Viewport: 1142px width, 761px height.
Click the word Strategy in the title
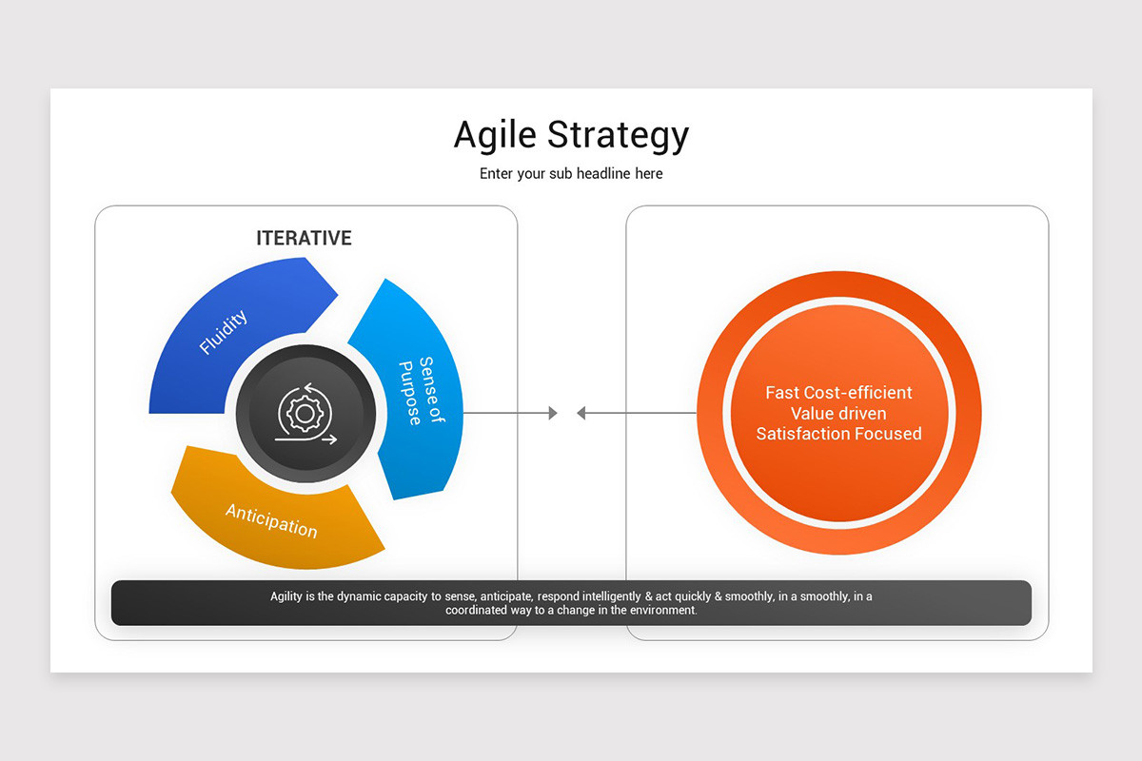[619, 135]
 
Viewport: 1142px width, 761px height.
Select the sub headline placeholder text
[571, 174]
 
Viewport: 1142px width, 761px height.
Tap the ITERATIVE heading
[304, 238]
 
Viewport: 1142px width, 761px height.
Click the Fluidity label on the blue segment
[224, 332]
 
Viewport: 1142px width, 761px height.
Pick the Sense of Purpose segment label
[420, 391]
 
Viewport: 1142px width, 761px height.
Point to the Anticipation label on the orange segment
[271, 519]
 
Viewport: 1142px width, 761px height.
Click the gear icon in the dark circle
[305, 411]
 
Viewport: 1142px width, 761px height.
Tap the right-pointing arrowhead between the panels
[552, 413]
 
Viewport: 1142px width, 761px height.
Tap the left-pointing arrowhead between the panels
[581, 413]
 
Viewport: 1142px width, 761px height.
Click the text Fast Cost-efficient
[838, 393]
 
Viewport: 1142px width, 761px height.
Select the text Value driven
[838, 413]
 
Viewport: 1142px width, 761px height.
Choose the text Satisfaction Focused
[838, 434]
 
